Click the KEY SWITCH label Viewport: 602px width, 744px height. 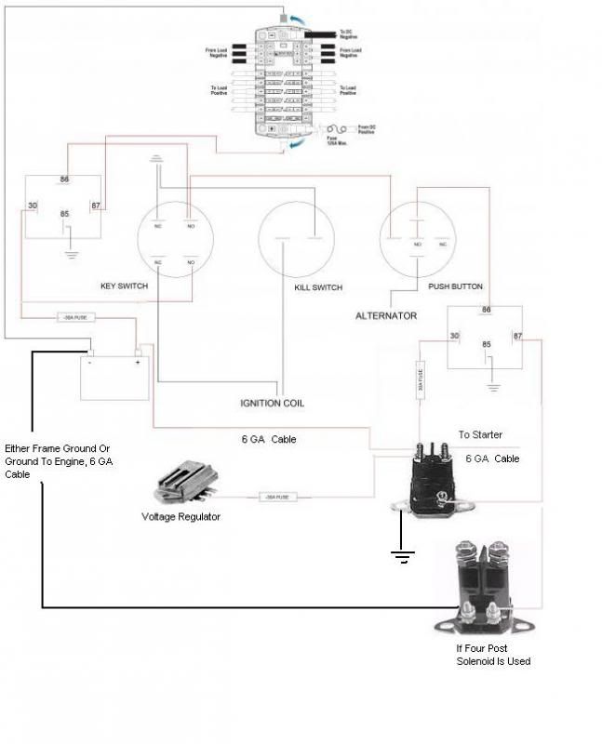click(125, 286)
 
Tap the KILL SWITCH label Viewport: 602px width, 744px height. click(318, 287)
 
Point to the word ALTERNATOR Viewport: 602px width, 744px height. click(385, 316)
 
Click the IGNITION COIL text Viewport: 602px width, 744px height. click(272, 404)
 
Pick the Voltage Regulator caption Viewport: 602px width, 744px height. click(181, 516)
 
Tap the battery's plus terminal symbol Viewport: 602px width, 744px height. click(137, 363)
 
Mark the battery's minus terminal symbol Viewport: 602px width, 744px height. click(89, 363)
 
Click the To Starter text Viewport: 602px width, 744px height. click(482, 434)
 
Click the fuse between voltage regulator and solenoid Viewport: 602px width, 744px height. click(276, 498)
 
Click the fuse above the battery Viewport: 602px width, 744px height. click(72, 317)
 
